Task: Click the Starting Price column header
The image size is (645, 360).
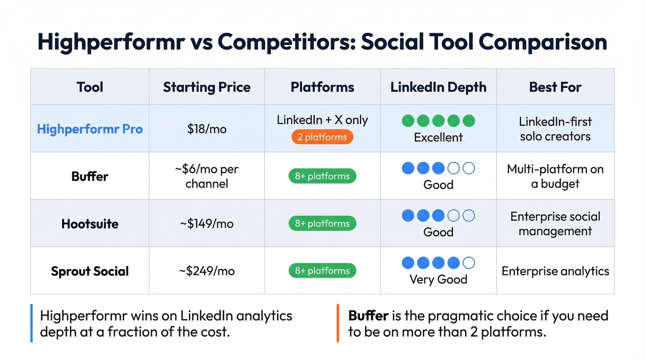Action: [x=207, y=87]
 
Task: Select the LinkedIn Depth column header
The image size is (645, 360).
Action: [x=438, y=87]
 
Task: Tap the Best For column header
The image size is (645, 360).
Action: [x=555, y=87]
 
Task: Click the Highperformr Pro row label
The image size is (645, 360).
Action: [x=90, y=129]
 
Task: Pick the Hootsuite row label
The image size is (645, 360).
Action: [x=90, y=224]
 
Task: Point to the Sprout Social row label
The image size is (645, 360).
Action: [x=90, y=271]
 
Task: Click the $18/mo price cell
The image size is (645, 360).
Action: [x=207, y=129]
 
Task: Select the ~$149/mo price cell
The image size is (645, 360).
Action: [x=207, y=224]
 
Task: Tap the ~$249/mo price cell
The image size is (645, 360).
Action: [x=207, y=271]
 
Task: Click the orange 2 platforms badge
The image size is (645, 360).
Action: [x=322, y=137]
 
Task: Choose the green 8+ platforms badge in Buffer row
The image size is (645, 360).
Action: [x=322, y=176]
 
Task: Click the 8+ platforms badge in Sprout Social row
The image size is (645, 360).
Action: [x=322, y=271]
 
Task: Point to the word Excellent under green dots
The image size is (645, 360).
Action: [x=438, y=137]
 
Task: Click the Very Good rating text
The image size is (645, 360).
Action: [x=438, y=279]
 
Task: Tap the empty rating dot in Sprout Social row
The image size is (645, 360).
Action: [x=469, y=263]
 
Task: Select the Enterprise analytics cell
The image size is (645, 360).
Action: [x=555, y=271]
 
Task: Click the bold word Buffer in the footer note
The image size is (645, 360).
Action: [x=368, y=316]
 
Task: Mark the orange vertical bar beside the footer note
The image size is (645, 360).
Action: [x=338, y=323]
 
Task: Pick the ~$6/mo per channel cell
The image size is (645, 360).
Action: [x=207, y=176]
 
